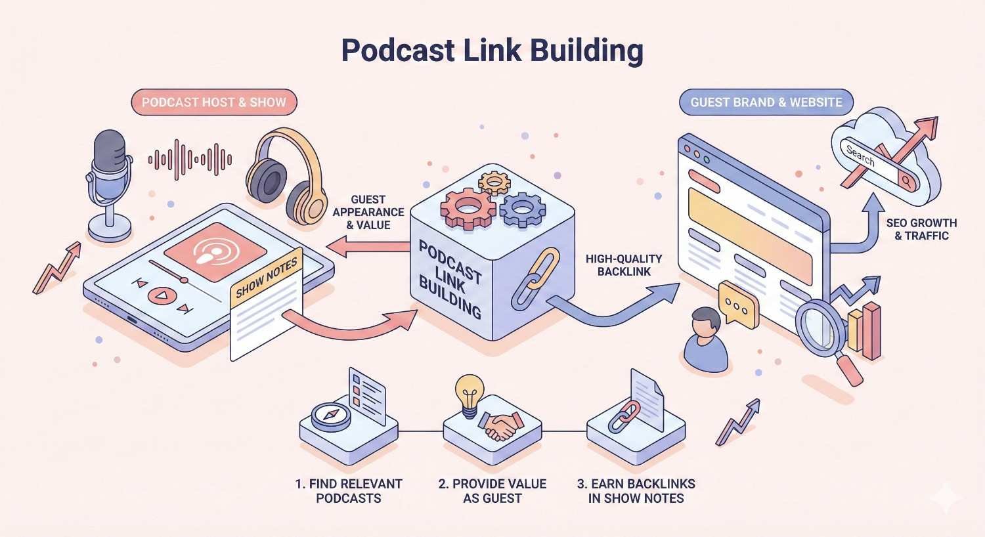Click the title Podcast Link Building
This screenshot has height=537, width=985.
[492, 51]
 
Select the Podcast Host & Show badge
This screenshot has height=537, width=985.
[214, 102]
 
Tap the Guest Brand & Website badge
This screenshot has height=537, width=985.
[766, 102]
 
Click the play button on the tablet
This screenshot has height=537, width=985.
[160, 295]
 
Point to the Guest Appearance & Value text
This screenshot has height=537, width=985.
[368, 212]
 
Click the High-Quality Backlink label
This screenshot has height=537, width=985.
[624, 265]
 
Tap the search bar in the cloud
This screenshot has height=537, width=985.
[877, 164]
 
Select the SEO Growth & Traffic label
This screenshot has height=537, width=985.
[921, 229]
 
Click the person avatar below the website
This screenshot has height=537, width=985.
[706, 340]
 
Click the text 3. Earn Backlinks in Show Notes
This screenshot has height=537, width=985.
[636, 490]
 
